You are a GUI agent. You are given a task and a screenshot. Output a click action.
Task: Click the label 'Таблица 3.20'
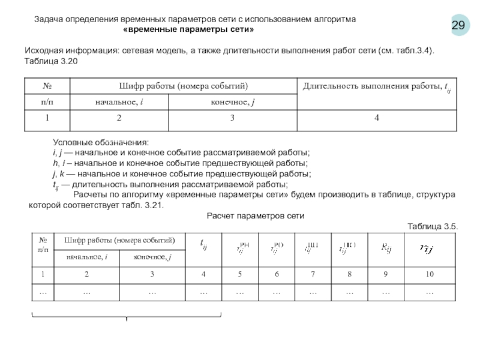click(50, 62)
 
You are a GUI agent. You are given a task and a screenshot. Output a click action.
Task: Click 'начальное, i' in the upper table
click(119, 103)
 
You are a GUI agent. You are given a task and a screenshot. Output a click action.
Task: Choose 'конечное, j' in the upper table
click(233, 103)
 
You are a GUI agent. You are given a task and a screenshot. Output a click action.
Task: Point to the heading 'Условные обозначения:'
click(100, 142)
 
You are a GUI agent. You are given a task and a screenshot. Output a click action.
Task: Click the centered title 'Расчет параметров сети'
click(256, 215)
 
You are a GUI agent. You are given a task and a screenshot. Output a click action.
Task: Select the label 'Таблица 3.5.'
click(433, 226)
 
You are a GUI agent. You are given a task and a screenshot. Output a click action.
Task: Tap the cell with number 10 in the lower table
click(429, 274)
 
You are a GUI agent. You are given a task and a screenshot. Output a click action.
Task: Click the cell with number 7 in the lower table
click(313, 274)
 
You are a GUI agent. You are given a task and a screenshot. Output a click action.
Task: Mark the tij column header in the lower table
click(203, 243)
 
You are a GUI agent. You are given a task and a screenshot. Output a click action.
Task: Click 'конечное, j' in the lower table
click(152, 257)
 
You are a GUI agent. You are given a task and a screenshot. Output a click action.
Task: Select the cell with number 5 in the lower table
click(239, 274)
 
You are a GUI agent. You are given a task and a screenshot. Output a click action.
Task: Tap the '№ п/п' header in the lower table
click(43, 244)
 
